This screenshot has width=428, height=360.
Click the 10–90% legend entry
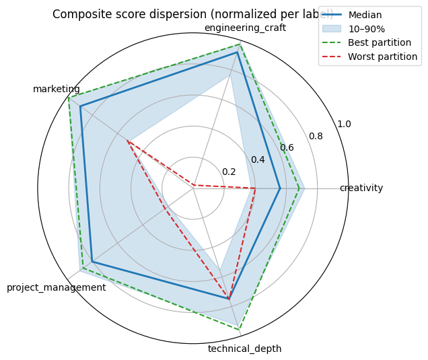(371, 29)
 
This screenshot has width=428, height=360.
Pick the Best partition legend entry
(380, 42)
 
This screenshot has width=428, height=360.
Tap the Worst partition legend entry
(382, 57)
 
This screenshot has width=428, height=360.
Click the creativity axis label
(361, 188)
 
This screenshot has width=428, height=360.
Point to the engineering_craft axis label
(245, 28)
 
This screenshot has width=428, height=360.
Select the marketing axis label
(57, 89)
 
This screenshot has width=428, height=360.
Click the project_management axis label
(57, 287)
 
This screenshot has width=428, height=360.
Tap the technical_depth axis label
(244, 349)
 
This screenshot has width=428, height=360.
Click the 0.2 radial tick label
(229, 172)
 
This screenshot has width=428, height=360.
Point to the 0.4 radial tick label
(258, 159)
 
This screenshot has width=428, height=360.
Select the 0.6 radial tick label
(287, 147)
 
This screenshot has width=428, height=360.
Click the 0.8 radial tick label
(316, 136)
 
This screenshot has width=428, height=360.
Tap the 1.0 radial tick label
(344, 124)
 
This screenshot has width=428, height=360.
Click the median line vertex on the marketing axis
(80, 106)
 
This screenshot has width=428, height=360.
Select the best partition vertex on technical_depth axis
(240, 328)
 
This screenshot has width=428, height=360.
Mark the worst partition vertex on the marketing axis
(128, 141)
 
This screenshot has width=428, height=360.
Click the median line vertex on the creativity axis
(280, 188)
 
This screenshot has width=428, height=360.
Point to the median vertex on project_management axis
(92, 262)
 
